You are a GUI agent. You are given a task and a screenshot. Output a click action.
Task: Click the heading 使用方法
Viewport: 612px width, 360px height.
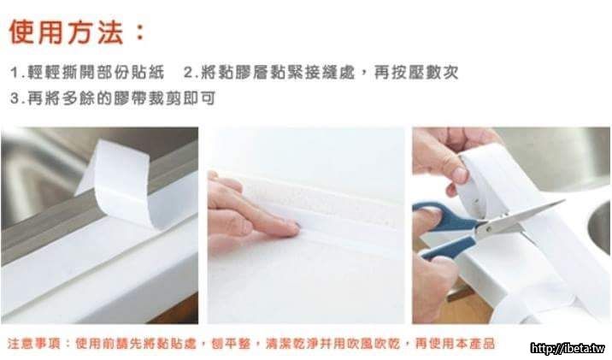pos(67,32)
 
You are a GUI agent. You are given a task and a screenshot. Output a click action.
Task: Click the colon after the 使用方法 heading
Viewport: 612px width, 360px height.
pos(139,32)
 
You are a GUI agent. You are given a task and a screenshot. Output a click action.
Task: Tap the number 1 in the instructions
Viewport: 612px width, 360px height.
pos(14,73)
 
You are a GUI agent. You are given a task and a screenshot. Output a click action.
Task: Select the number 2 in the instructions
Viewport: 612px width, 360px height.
pos(188,73)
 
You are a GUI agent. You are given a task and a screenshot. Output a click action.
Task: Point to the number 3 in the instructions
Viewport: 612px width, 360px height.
pos(15,98)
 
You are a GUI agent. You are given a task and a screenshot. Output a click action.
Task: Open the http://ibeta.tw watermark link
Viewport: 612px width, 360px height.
pos(568,348)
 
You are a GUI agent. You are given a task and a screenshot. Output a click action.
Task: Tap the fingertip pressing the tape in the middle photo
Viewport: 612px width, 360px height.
pos(292,228)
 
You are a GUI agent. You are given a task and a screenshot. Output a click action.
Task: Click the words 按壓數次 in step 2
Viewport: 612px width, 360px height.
pos(416,73)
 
